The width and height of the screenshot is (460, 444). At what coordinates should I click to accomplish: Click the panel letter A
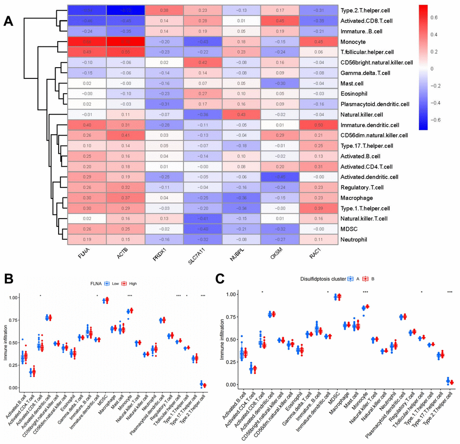(9, 21)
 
